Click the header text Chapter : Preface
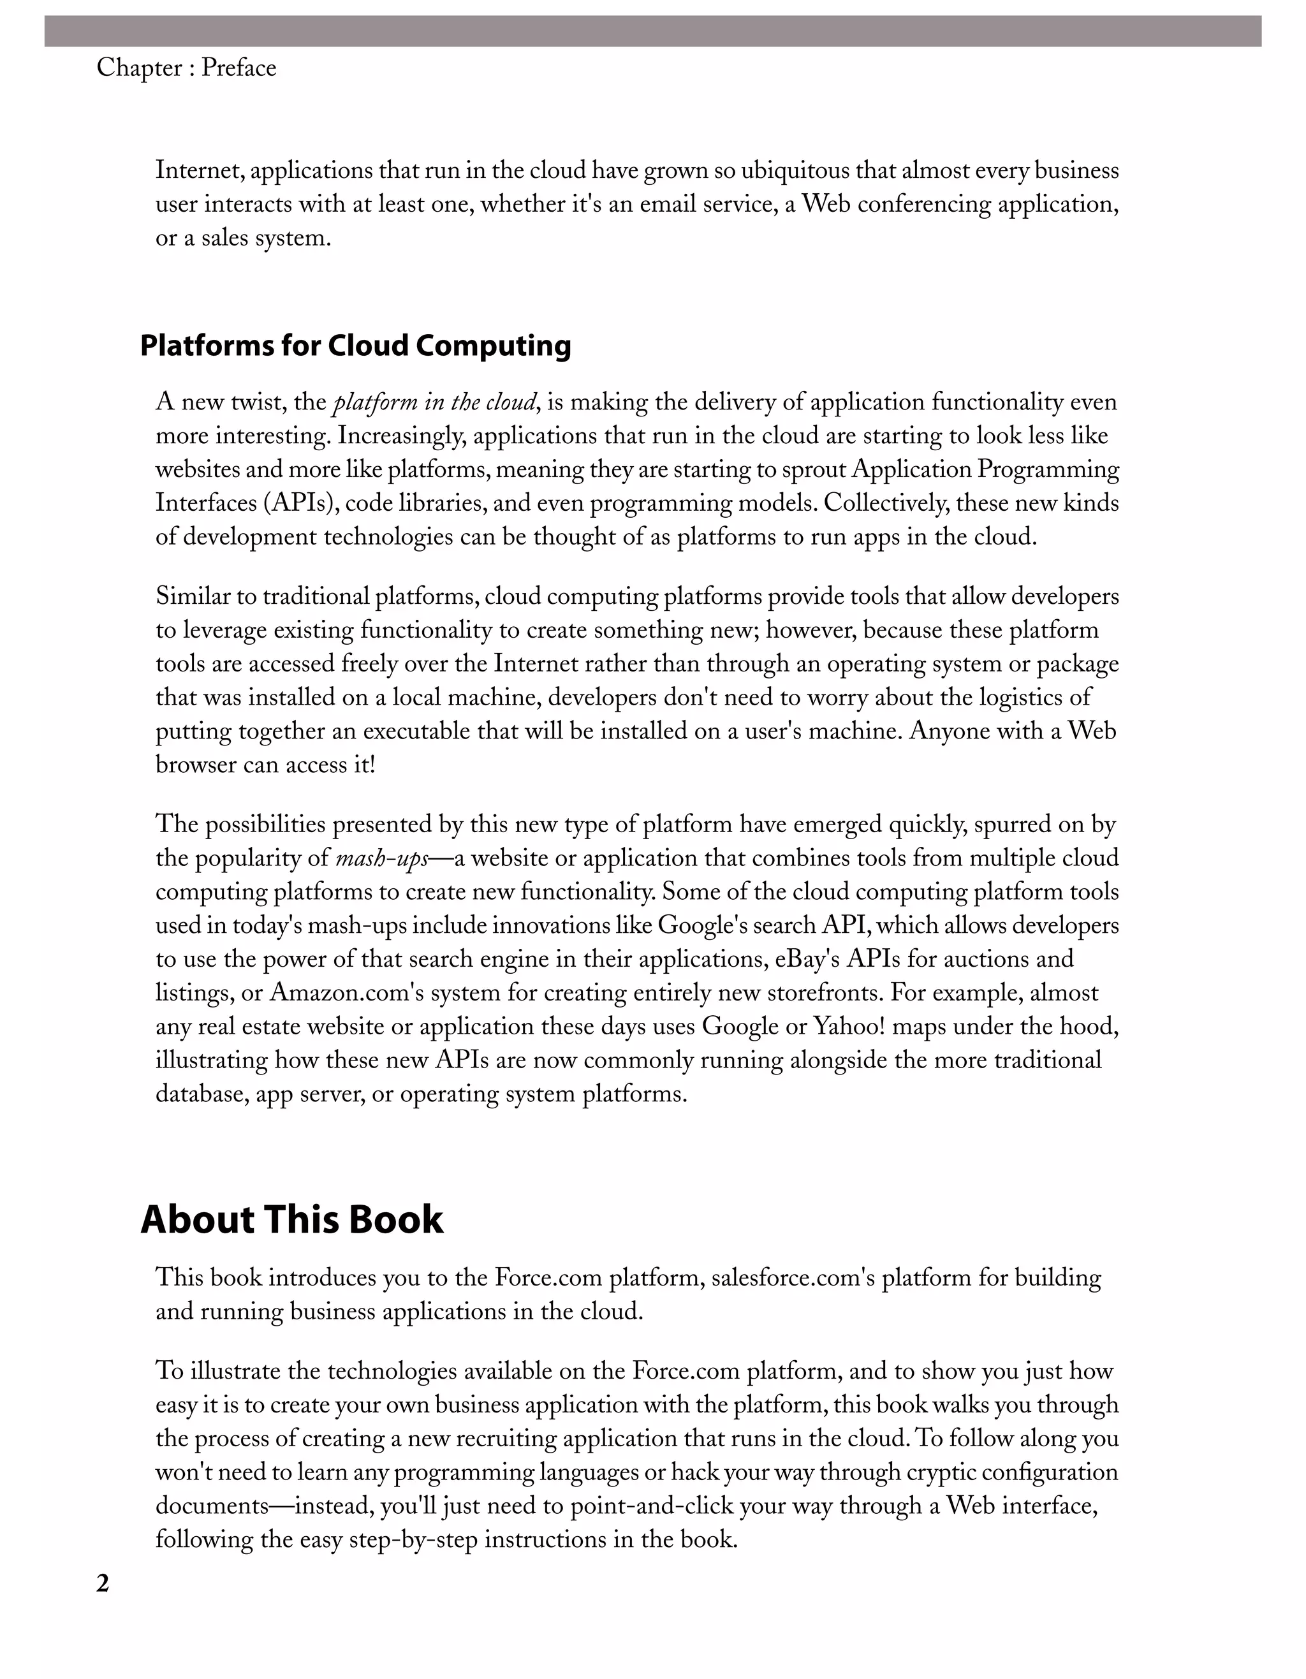click(x=186, y=68)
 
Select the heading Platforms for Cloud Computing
click(x=355, y=346)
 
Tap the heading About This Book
click(x=291, y=1219)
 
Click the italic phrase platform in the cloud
click(x=435, y=402)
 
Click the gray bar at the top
click(x=652, y=31)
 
